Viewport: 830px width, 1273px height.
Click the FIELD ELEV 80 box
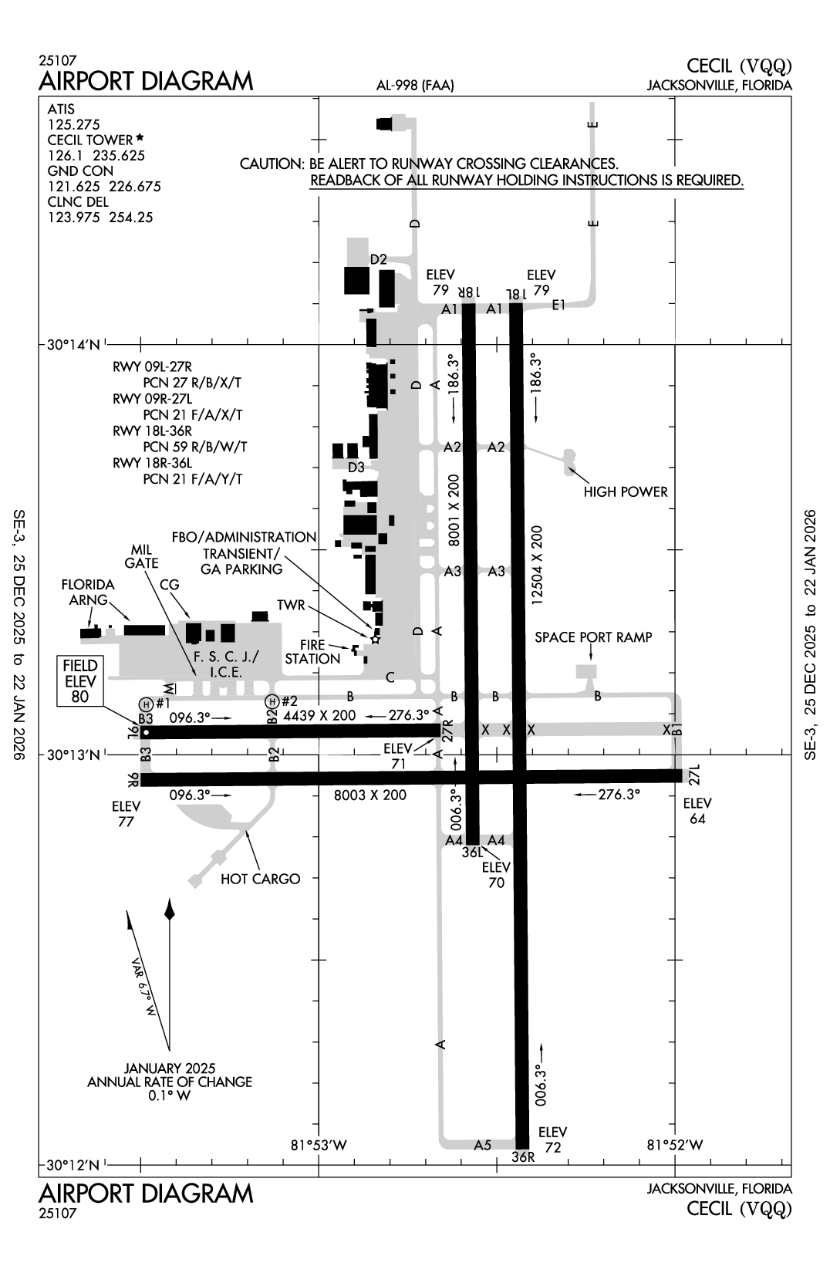(x=80, y=681)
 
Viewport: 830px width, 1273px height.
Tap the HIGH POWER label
(x=625, y=491)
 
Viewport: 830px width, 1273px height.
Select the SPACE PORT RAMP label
(x=593, y=637)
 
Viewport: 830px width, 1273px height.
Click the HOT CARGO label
(x=260, y=878)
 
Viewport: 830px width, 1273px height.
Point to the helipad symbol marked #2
(x=271, y=701)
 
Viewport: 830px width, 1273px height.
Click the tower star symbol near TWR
(x=376, y=639)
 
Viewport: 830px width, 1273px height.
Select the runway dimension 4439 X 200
(x=319, y=715)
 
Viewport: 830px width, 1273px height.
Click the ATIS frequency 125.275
(x=74, y=124)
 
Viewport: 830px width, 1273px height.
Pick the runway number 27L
(x=693, y=774)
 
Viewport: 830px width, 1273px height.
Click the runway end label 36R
(x=522, y=1157)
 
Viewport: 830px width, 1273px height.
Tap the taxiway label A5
(x=482, y=1145)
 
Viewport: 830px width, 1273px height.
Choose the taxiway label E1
(x=558, y=305)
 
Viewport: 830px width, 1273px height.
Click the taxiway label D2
(x=378, y=259)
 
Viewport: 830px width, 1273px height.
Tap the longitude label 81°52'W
(x=674, y=1145)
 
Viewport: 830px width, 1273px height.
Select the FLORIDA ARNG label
(x=88, y=592)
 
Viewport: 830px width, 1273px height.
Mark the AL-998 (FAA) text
(x=415, y=86)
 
